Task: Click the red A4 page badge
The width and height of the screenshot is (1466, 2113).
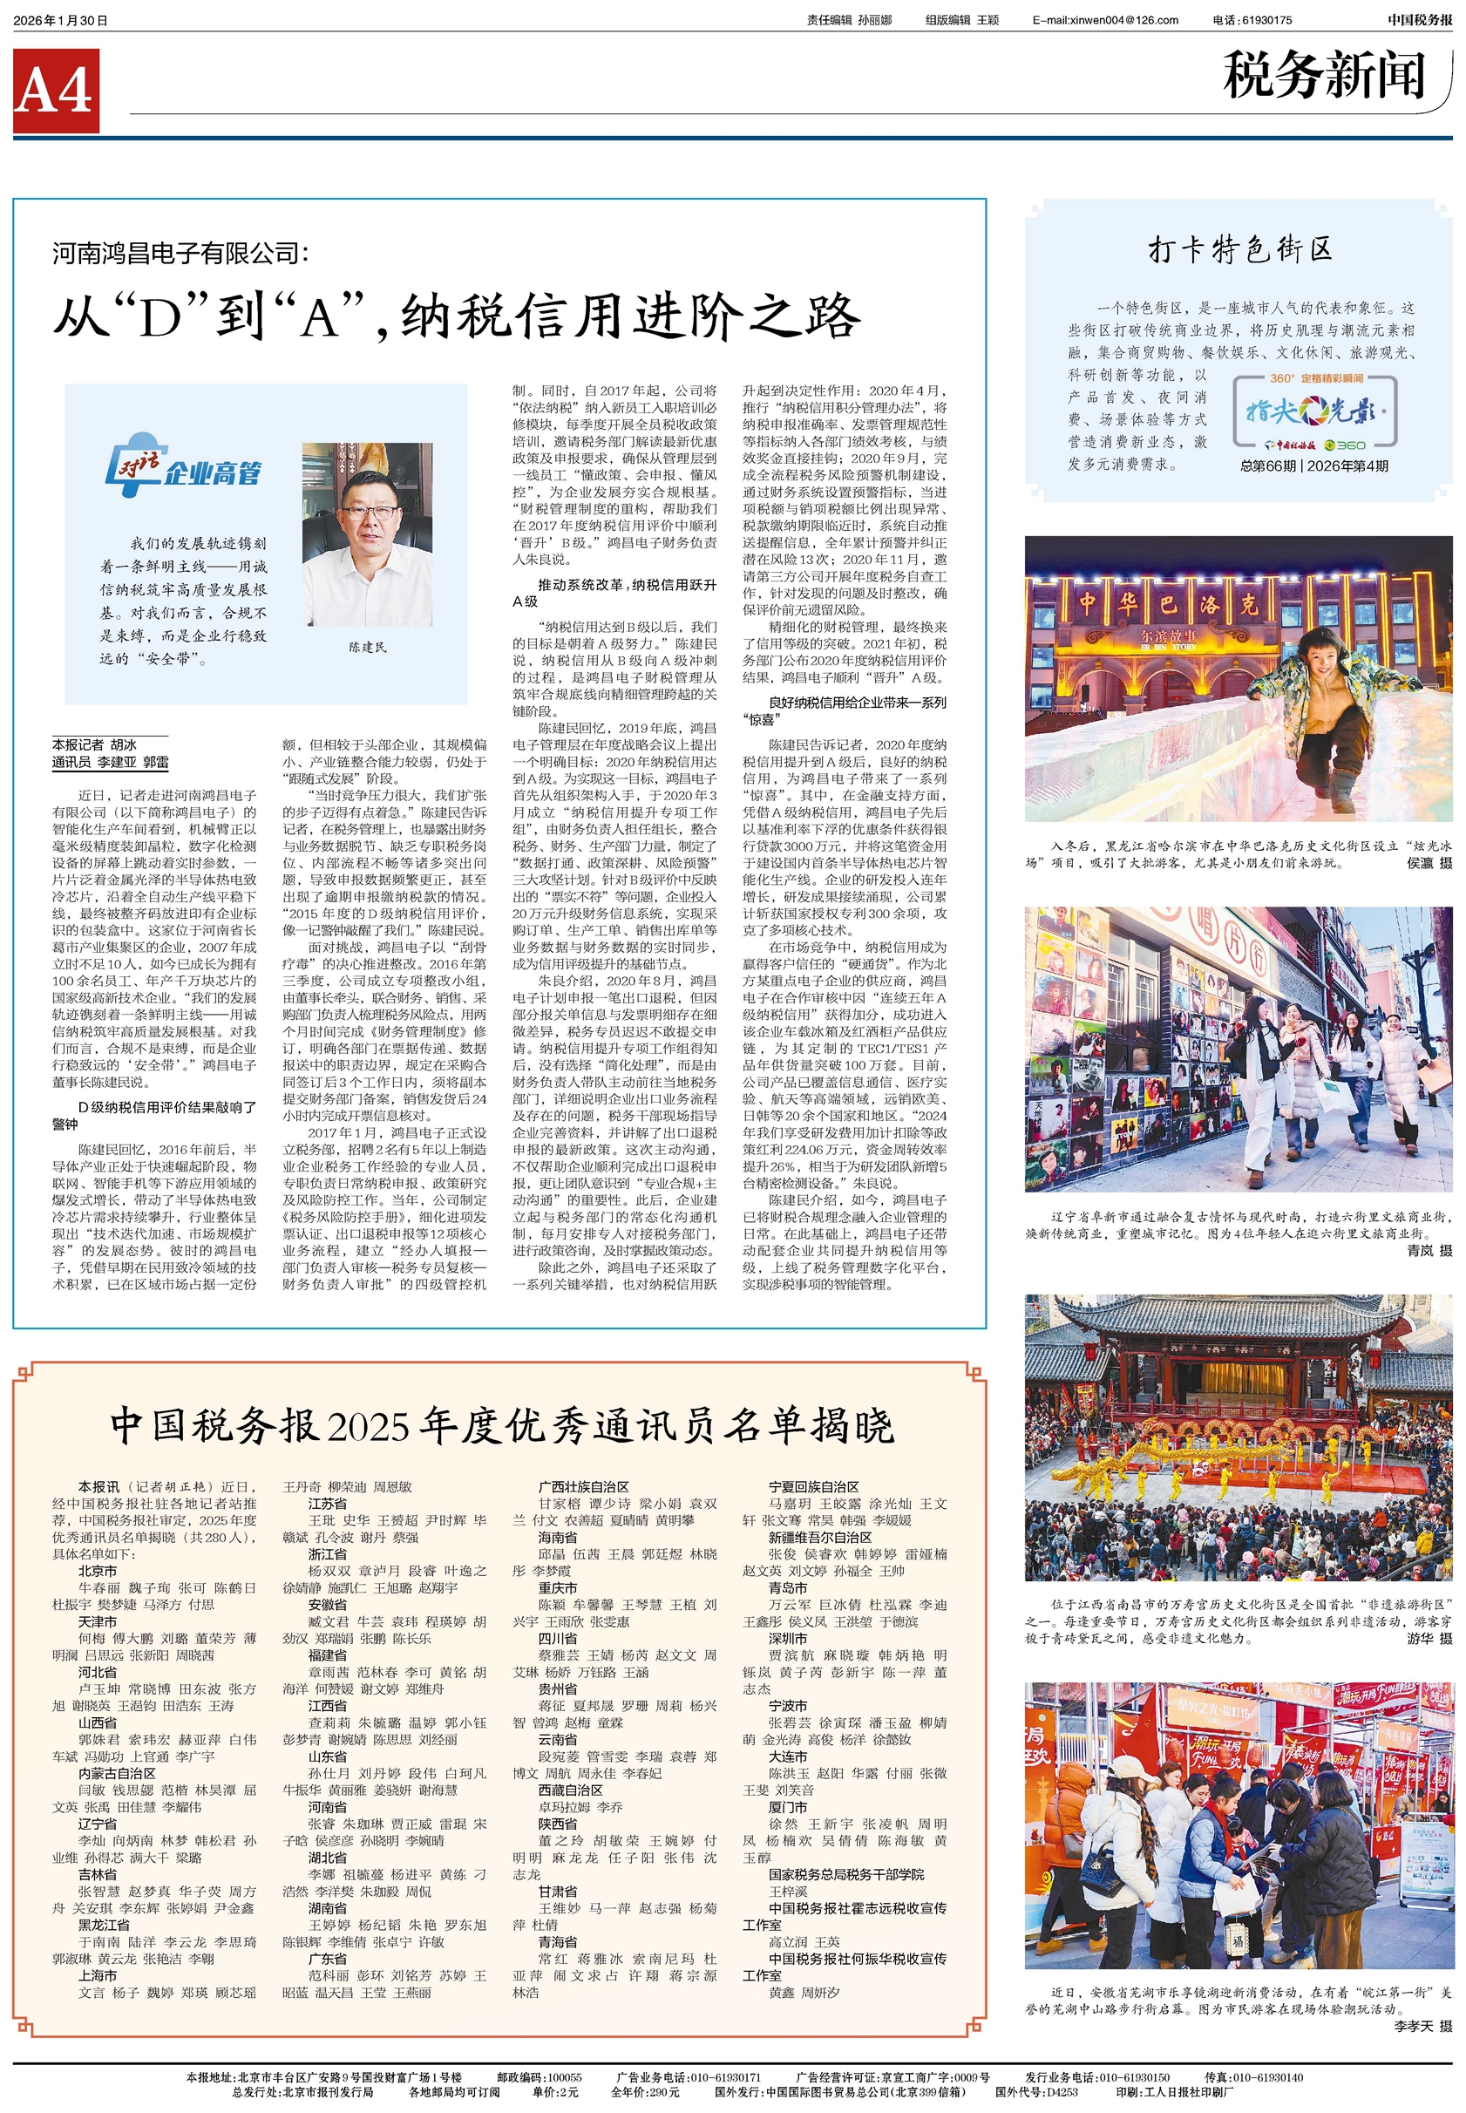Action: (56, 91)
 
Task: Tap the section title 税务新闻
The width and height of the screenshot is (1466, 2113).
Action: (1323, 75)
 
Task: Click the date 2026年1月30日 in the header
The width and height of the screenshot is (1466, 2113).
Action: (61, 20)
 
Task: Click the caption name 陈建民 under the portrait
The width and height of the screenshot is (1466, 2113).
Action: (368, 647)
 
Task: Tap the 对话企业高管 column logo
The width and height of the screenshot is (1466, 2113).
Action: (183, 465)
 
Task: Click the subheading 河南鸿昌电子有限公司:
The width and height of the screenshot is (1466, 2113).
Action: (181, 254)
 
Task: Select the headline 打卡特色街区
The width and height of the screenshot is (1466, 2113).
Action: (1239, 250)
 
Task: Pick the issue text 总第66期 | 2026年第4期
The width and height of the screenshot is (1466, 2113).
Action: (1313, 465)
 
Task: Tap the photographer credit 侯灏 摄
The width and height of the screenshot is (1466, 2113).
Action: (1429, 863)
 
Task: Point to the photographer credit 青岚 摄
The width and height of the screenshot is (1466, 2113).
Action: (1429, 1250)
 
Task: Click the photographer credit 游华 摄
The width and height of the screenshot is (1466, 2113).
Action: (1429, 1638)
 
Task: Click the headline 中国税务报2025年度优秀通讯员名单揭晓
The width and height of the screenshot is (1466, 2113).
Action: (501, 1426)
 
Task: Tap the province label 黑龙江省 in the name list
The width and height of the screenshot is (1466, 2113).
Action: (104, 1925)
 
